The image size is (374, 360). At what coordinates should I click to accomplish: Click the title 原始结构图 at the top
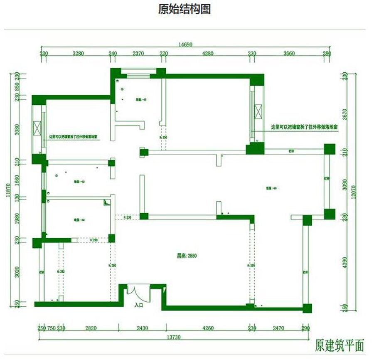(x=184, y=9)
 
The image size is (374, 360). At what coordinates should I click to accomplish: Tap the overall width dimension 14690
(x=186, y=45)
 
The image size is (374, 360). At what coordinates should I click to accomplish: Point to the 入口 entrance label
(x=139, y=305)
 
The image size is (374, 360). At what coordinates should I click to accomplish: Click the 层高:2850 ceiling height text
(x=184, y=256)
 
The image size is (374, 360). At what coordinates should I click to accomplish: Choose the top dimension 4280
(x=207, y=53)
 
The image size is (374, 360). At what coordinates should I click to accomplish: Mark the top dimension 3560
(x=288, y=53)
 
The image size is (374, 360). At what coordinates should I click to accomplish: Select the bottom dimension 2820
(x=91, y=328)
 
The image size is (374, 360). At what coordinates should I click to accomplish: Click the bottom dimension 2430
(x=142, y=328)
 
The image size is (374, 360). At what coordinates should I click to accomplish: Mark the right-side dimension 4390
(x=344, y=264)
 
